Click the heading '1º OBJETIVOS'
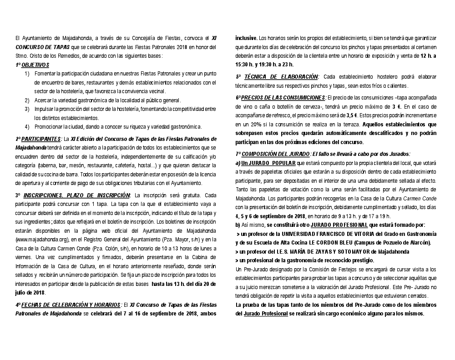point(32,65)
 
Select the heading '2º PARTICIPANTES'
point(38,139)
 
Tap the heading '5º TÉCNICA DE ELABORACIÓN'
point(277,77)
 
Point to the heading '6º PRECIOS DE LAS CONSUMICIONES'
point(281,98)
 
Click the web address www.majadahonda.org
point(42,239)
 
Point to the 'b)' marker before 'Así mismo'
point(238,225)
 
